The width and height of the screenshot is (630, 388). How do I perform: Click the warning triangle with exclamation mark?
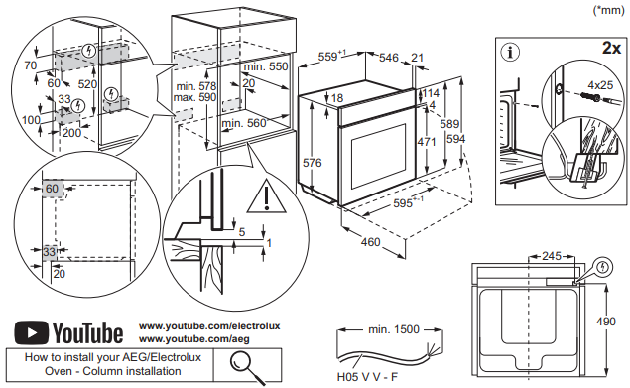[x=266, y=196]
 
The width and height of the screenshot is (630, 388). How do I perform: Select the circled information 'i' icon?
[x=510, y=52]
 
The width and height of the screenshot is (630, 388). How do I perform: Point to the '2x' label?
[x=611, y=48]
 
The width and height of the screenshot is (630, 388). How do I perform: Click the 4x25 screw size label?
[x=600, y=85]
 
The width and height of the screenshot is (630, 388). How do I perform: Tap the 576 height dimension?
[x=313, y=163]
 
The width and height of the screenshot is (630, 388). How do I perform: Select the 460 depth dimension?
[x=370, y=242]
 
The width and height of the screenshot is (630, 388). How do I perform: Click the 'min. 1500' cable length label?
[x=393, y=329]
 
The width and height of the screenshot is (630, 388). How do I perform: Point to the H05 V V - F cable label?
[x=367, y=377]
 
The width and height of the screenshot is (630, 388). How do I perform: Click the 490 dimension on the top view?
[x=605, y=322]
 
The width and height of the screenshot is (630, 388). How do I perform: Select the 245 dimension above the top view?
[x=552, y=256]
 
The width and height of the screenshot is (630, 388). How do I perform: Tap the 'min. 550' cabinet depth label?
[x=266, y=66]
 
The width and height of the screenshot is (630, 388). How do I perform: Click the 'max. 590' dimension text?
[x=194, y=97]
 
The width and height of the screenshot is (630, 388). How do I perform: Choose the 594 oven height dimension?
[x=455, y=139]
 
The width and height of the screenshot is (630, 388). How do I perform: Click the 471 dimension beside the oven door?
[x=426, y=142]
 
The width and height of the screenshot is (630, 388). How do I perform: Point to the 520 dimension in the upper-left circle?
[x=87, y=84]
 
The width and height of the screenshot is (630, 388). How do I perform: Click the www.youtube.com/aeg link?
[x=194, y=339]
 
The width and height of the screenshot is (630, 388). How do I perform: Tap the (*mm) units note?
[x=609, y=10]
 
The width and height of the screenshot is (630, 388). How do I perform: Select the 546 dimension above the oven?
[x=389, y=58]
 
